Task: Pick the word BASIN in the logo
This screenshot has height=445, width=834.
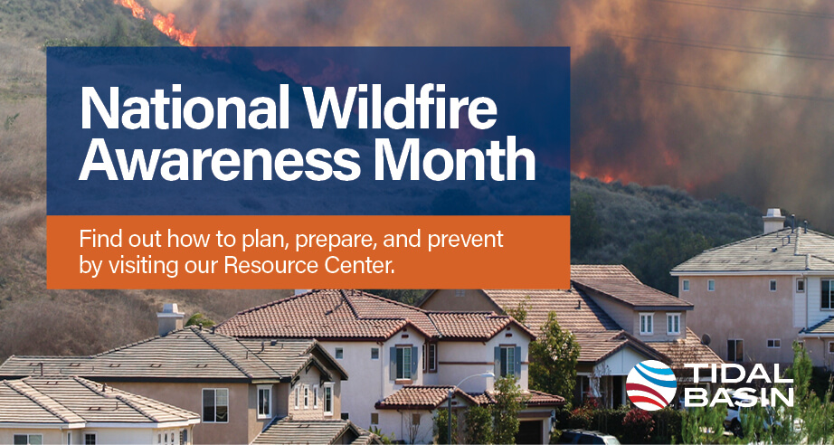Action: (x=736, y=396)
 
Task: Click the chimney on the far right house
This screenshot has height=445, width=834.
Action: (x=772, y=221)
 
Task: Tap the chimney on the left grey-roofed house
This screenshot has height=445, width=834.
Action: (x=169, y=319)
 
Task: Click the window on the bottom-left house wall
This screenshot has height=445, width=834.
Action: (x=214, y=405)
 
